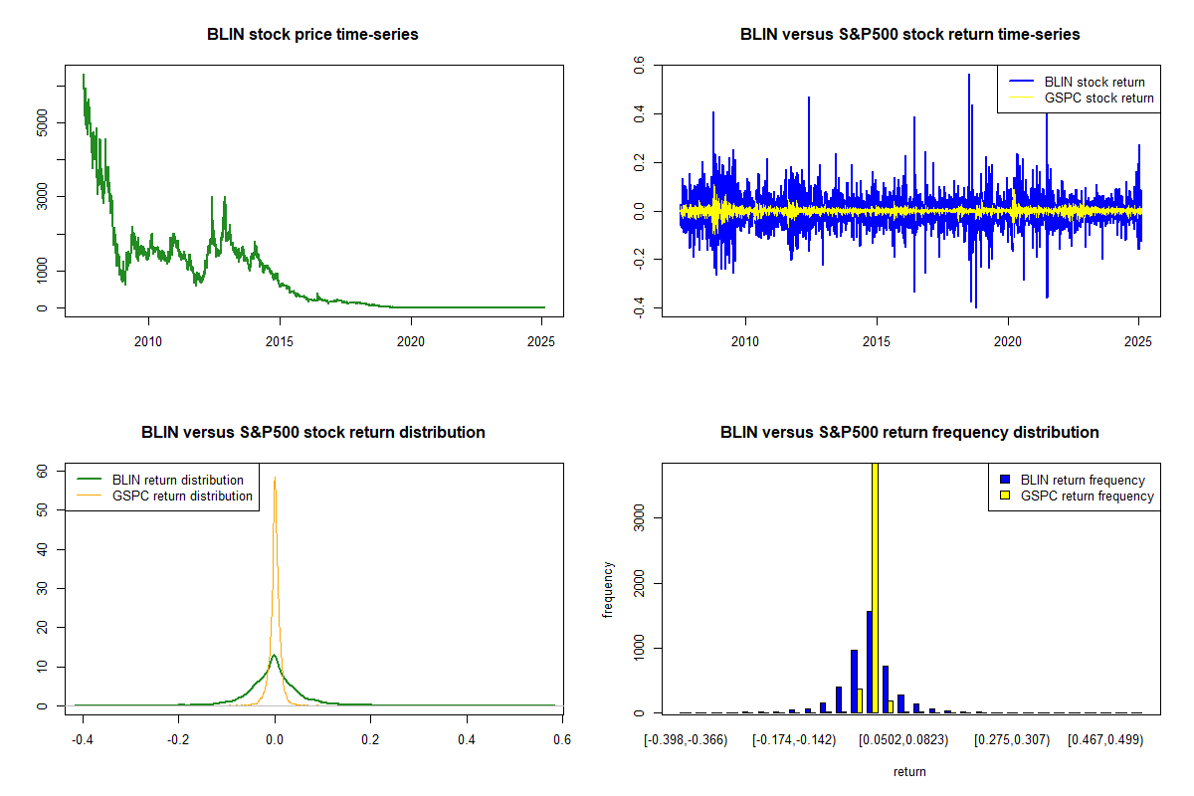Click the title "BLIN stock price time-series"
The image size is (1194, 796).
pos(312,35)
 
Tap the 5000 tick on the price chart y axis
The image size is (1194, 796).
pos(41,122)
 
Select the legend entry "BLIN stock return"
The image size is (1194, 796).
pos(1094,82)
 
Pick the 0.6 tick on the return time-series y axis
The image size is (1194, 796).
pos(638,66)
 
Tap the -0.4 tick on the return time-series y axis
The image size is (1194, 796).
pos(638,309)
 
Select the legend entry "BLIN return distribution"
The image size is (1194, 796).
pos(177,480)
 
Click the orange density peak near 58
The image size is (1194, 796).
pos(275,479)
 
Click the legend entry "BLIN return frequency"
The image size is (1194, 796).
pos(1083,480)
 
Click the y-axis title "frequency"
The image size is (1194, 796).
pos(609,590)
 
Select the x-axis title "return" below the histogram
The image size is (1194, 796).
pos(909,771)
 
